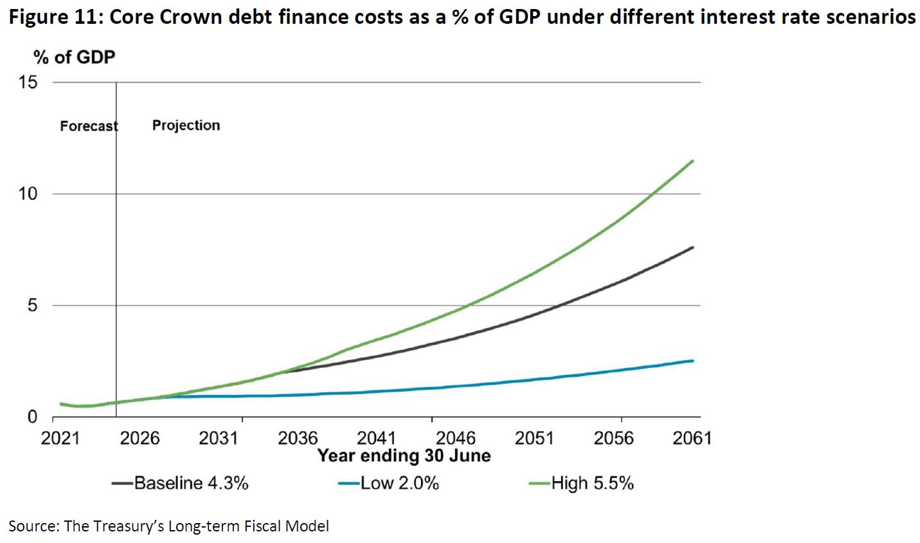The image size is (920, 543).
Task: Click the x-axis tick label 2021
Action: click(x=60, y=438)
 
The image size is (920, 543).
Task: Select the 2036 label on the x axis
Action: click(x=298, y=438)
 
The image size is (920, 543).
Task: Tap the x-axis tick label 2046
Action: click(x=456, y=438)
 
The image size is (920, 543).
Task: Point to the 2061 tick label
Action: click(x=692, y=438)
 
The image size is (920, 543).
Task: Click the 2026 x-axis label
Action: click(x=140, y=438)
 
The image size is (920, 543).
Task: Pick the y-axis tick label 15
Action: click(x=29, y=82)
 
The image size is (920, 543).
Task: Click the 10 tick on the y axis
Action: click(x=29, y=194)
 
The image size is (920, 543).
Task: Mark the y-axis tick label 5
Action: click(x=33, y=306)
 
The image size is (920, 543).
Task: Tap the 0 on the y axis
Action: click(x=33, y=417)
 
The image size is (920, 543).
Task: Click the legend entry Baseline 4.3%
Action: click(x=191, y=483)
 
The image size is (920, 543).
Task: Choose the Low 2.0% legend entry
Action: click(x=399, y=483)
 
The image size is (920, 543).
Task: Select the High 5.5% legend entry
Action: click(x=592, y=483)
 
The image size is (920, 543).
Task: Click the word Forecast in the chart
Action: click(x=89, y=126)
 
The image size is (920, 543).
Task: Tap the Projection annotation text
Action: click(x=186, y=125)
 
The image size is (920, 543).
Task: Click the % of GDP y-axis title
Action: click(x=75, y=57)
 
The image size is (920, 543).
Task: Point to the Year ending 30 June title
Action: click(x=404, y=456)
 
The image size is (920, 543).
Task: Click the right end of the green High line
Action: click(x=692, y=161)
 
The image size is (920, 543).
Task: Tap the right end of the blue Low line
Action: click(x=692, y=361)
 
